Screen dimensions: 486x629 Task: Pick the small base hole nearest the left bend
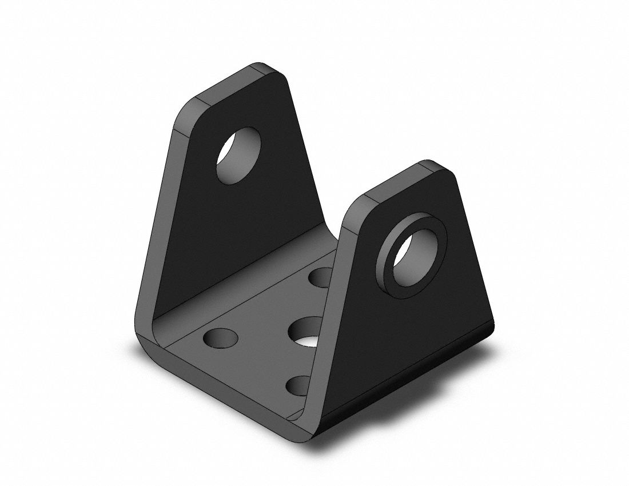point(220,338)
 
